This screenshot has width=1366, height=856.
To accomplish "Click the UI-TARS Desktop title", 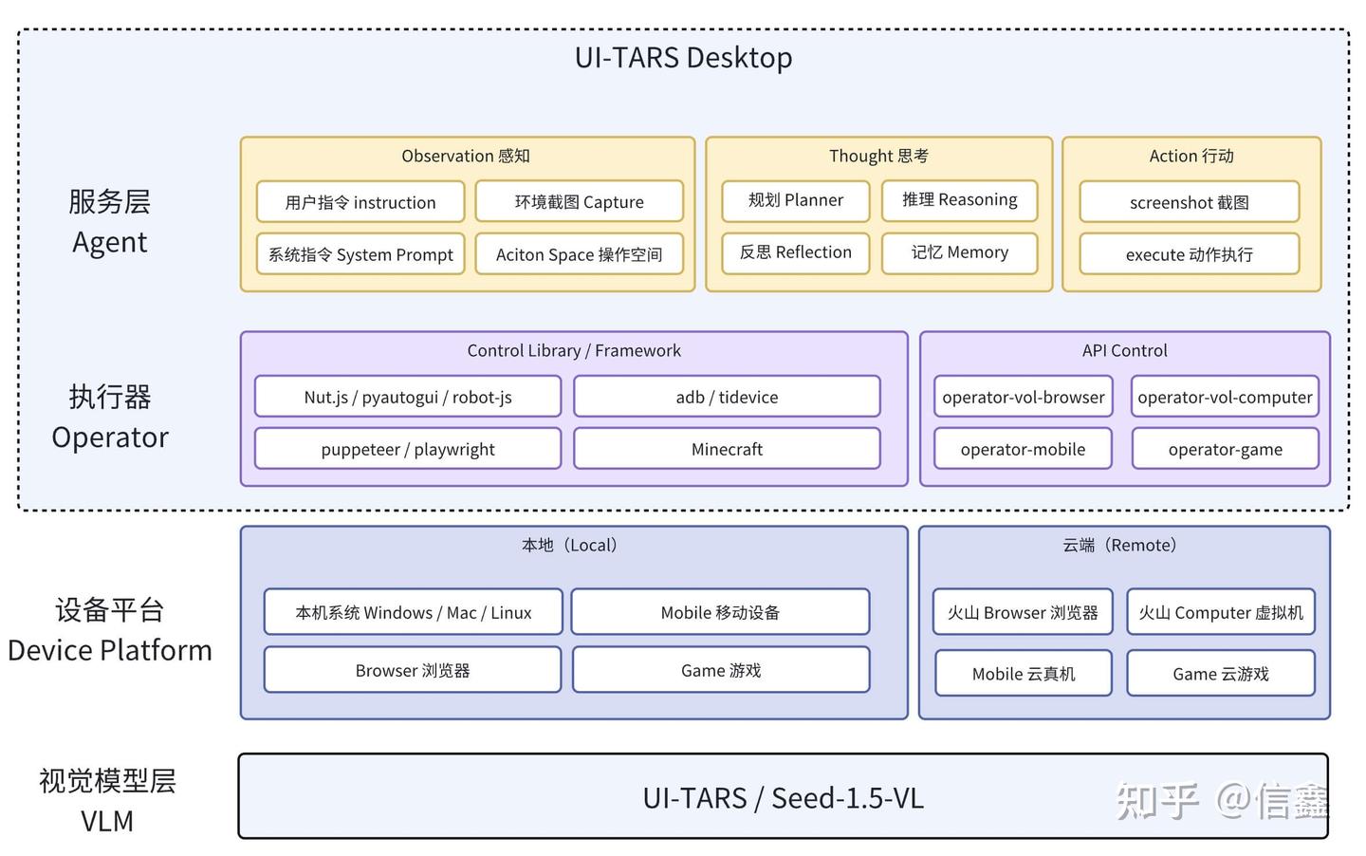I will (x=683, y=58).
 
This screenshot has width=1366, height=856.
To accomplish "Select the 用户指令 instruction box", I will (x=360, y=202).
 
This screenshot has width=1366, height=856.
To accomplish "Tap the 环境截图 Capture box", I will (x=579, y=202).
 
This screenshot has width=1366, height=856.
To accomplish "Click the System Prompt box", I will (x=360, y=254).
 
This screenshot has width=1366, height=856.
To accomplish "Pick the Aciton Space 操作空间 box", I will (x=579, y=254).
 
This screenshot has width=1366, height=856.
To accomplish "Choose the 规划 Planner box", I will (x=795, y=200).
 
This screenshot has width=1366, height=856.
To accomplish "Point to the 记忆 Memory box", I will (x=959, y=252).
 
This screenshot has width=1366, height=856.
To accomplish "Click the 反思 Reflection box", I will (x=795, y=252).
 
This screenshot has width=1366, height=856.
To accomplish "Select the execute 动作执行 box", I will (x=1189, y=254).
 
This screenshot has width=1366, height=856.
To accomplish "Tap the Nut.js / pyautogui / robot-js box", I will (x=408, y=397).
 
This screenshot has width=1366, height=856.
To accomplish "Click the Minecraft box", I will (x=727, y=449).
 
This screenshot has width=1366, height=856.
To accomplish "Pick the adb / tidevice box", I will (x=727, y=397).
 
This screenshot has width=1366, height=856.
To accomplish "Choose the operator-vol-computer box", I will (x=1225, y=397).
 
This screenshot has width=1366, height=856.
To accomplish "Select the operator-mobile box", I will (x=1023, y=449).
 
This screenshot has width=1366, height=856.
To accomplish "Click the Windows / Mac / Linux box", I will (x=413, y=612).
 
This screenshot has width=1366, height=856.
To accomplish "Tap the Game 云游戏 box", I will (x=1220, y=674).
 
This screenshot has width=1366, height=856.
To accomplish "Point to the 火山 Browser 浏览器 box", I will (x=1023, y=612).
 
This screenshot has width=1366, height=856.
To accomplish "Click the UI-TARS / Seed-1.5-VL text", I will (x=783, y=798).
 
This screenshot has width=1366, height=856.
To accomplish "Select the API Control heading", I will (x=1124, y=350).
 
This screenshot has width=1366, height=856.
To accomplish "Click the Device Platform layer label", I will (x=109, y=650).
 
